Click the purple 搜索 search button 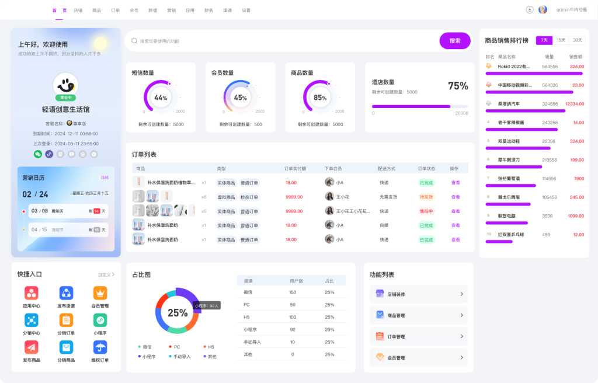click(455, 41)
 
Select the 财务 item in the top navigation click(208, 11)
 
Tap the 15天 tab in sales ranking click(561, 40)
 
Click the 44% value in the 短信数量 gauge click(161, 98)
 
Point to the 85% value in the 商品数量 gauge click(320, 98)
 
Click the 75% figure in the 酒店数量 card click(458, 86)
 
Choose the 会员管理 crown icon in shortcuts click(100, 293)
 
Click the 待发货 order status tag click(426, 197)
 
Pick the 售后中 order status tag click(426, 211)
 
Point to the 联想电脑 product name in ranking click(507, 215)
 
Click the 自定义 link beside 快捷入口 click(106, 274)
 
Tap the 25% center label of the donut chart click(178, 312)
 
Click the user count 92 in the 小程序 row click(293, 329)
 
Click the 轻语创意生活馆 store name click(65, 110)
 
